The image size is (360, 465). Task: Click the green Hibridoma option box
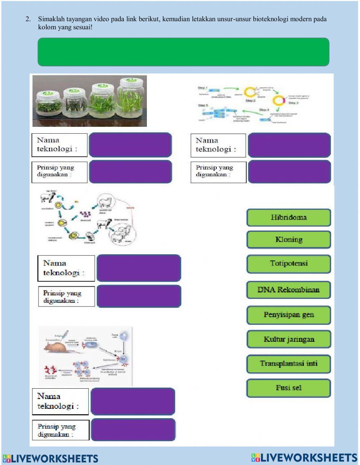[288, 217]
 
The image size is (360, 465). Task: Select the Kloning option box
[288, 240]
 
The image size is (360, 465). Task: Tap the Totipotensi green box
[288, 264]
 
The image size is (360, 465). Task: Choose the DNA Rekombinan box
[288, 290]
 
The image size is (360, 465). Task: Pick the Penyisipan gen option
[288, 315]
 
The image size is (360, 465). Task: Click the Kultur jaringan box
[288, 339]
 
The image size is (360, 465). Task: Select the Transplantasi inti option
[288, 363]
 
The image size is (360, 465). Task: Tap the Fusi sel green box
[288, 388]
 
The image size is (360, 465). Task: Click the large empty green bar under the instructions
[183, 52]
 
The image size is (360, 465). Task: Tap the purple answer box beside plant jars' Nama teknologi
[130, 145]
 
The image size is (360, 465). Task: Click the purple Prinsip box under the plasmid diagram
[289, 172]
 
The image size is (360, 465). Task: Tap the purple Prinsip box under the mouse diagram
[133, 430]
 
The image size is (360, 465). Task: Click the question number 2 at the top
[28, 19]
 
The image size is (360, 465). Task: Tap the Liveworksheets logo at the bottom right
[304, 458]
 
